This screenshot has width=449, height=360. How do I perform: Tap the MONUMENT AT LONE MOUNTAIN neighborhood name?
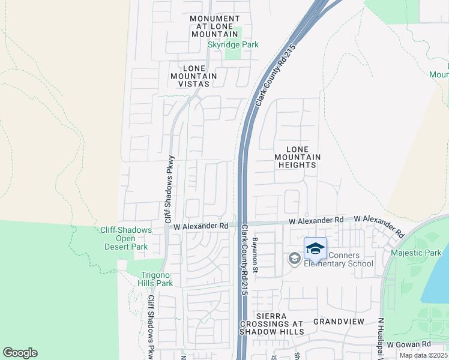coord(214,26)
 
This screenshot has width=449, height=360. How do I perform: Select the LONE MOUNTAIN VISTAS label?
coord(193,76)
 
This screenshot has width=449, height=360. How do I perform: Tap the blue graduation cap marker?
coord(316,248)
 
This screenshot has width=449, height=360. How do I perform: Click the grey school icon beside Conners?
coord(294,259)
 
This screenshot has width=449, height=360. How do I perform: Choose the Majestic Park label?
coord(415,253)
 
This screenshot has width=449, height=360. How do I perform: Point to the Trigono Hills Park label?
coord(149,278)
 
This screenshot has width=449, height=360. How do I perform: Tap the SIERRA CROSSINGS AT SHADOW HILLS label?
coord(272,323)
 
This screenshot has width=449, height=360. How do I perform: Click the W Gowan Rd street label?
coord(409,344)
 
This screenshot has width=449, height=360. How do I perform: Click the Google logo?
coord(20,353)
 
